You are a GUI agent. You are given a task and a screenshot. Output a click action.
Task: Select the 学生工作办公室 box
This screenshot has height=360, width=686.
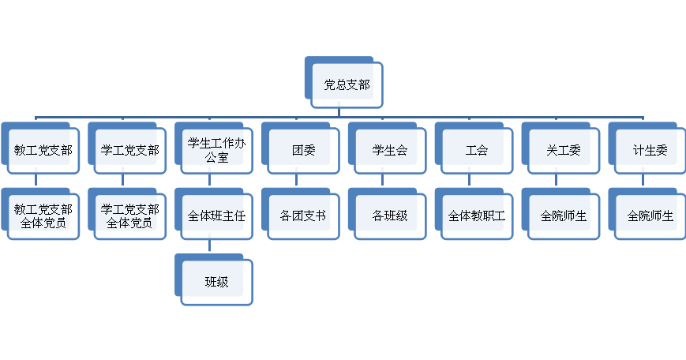point(216,150)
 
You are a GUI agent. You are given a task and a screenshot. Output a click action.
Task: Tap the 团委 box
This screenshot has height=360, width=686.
point(303,150)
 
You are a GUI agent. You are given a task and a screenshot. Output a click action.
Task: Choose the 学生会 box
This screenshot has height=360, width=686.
point(390,150)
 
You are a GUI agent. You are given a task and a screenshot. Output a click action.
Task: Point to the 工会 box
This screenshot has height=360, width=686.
point(477,150)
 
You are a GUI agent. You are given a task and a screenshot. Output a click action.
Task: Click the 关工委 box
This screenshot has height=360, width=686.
point(564,150)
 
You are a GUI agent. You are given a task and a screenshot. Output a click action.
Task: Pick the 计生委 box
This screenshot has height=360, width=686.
point(650,150)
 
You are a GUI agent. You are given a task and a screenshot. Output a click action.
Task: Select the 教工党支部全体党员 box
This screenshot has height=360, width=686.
point(43,216)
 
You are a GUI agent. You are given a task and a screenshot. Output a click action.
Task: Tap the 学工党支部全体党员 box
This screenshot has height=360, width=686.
point(129,216)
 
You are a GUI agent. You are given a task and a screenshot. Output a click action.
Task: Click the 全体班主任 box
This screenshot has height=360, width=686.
point(216,216)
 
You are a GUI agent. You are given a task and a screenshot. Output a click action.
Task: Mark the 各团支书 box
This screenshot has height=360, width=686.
point(303,216)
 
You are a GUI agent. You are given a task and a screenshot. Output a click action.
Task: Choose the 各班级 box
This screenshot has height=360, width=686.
point(390,216)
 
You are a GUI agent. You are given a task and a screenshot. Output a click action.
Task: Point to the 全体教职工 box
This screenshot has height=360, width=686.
point(477,216)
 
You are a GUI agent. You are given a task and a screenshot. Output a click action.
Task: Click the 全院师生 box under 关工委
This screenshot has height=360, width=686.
point(564,216)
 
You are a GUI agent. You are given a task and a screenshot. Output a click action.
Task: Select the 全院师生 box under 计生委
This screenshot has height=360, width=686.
point(650,216)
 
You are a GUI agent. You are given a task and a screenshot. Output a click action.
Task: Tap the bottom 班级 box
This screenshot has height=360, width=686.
point(216,281)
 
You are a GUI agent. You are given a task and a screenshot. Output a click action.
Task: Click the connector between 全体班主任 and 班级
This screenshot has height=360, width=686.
point(209,246)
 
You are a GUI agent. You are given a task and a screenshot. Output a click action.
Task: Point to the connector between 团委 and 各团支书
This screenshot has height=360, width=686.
point(296,180)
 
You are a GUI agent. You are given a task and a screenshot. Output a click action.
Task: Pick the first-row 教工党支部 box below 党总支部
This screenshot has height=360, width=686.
point(43,150)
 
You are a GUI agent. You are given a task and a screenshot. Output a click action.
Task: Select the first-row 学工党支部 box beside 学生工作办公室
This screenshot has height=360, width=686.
point(129,150)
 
